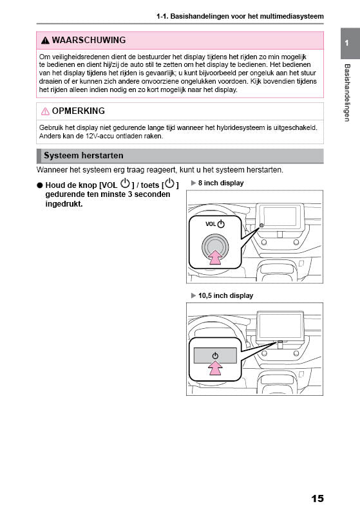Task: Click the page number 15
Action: (316, 498)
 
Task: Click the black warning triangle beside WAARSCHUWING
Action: (44, 41)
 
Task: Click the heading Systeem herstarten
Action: (83, 156)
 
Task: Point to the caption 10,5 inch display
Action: (225, 295)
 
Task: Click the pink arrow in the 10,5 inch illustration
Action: (216, 368)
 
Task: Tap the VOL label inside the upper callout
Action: (210, 224)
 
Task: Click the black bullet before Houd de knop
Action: (40, 185)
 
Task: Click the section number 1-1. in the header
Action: (164, 15)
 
